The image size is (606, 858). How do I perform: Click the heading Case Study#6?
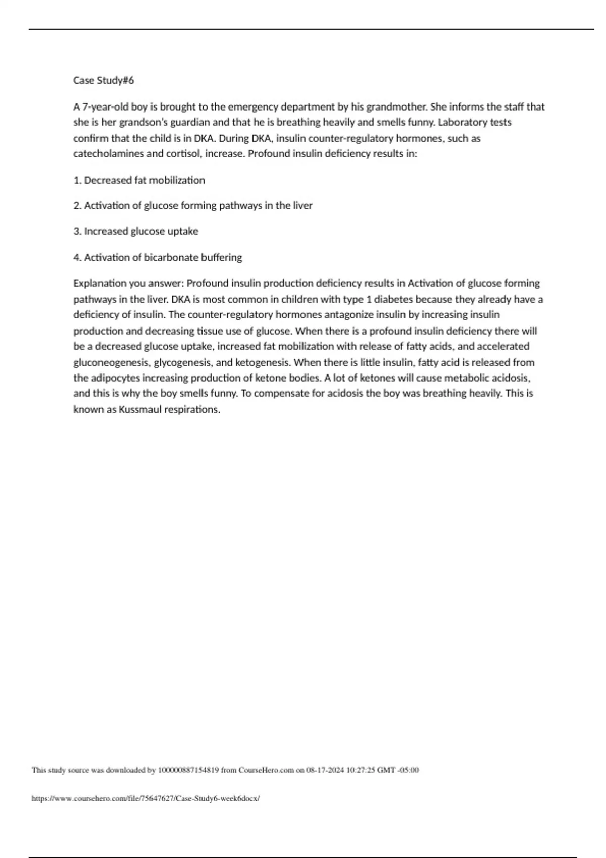(104, 80)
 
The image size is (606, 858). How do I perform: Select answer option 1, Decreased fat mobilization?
(139, 180)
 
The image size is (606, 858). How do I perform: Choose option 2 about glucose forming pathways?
(193, 206)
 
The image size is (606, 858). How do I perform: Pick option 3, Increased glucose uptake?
(136, 231)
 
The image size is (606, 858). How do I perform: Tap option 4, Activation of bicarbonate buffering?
(158, 257)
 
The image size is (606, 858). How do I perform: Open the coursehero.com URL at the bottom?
(145, 798)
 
